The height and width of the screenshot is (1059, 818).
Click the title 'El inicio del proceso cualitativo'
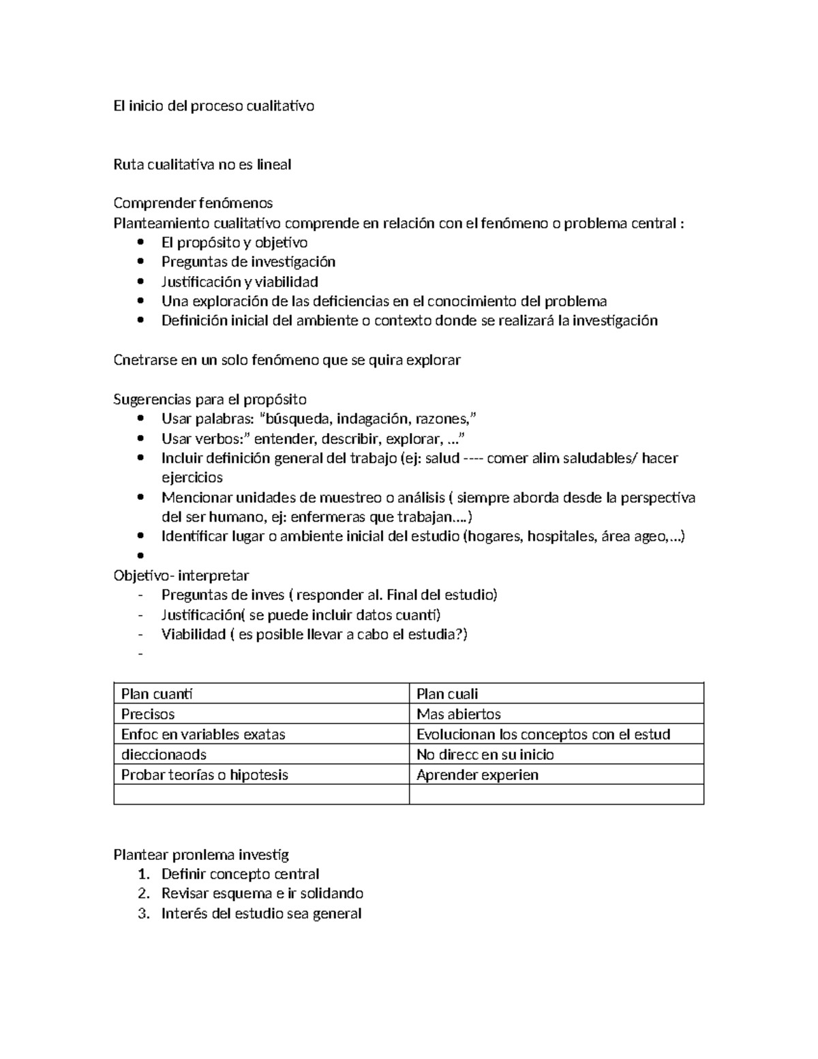(213, 106)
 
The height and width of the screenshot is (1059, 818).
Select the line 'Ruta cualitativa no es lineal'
(202, 164)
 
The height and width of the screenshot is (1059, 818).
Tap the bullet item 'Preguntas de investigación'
(248, 262)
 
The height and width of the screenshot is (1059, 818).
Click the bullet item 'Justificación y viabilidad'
(239, 282)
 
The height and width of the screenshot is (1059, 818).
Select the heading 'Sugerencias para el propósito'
(210, 399)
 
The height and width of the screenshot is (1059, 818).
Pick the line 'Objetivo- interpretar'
(181, 575)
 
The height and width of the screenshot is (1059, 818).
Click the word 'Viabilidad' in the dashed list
(194, 634)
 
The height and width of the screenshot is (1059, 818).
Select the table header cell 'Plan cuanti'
(157, 694)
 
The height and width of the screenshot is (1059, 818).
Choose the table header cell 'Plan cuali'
(447, 694)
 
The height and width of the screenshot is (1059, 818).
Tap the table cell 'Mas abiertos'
(458, 714)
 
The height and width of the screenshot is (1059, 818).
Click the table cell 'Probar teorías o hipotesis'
(204, 775)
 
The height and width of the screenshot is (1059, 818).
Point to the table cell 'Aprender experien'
(477, 775)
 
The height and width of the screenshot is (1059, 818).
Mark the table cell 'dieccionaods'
(164, 754)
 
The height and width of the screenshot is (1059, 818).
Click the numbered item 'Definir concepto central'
(240, 874)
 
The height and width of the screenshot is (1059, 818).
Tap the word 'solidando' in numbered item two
(333, 893)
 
